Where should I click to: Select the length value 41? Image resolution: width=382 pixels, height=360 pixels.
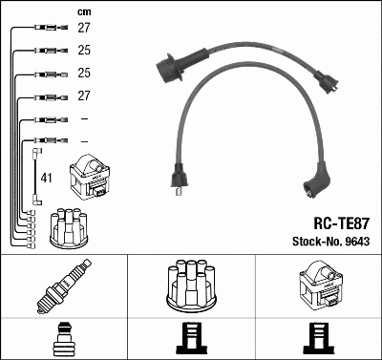click(47, 178)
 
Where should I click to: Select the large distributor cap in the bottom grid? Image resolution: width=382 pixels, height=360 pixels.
click(191, 286)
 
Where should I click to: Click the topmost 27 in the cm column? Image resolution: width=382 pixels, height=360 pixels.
click(83, 30)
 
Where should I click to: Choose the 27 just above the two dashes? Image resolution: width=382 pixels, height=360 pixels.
click(83, 95)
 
